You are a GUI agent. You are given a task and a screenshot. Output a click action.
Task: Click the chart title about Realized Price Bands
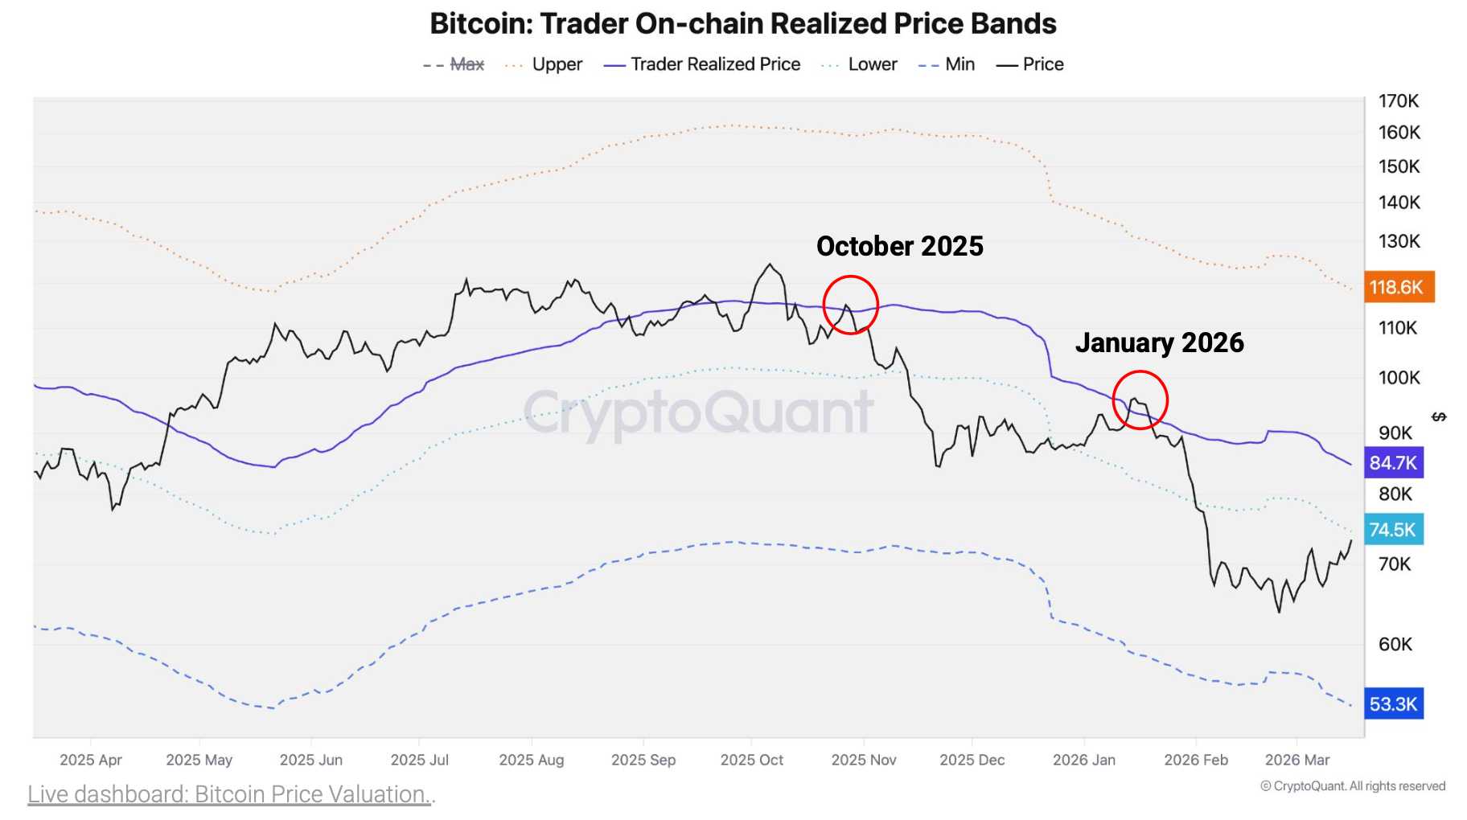[x=743, y=24]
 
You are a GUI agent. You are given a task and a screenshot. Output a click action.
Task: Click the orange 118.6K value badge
[x=1398, y=287]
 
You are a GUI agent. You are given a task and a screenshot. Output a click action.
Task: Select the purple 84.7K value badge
[x=1393, y=463]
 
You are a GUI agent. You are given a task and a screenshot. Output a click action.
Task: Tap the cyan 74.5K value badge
[x=1393, y=530]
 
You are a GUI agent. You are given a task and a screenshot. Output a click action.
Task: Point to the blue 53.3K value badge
[x=1393, y=704]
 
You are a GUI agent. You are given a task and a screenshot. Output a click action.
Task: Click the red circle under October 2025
[x=850, y=305]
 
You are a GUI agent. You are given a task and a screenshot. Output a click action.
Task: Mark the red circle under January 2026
[x=1140, y=400]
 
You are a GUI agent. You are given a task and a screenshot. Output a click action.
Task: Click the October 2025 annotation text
[x=899, y=246]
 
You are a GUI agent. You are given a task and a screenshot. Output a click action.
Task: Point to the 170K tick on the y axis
[x=1399, y=101]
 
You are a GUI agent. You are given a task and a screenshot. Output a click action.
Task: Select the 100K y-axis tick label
[x=1399, y=378]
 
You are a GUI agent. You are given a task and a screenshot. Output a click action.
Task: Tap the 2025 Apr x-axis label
[x=91, y=760]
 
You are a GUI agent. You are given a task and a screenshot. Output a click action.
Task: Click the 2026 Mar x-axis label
[x=1296, y=760]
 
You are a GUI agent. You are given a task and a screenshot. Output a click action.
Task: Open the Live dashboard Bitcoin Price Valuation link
[x=231, y=794]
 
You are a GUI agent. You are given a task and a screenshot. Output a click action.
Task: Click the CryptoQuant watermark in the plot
[x=698, y=412]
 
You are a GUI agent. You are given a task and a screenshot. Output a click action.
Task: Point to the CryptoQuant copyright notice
[x=1353, y=786]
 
